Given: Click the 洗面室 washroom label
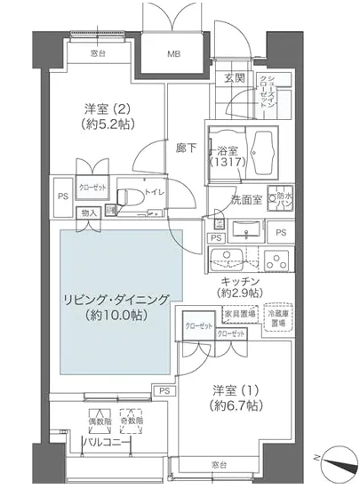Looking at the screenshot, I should pyautogui.click(x=245, y=199).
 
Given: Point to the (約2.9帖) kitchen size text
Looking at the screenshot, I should pyautogui.click(x=241, y=292).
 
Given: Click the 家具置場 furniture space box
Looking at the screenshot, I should pyautogui.click(x=239, y=313).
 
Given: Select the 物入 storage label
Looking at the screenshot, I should pyautogui.click(x=89, y=212).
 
